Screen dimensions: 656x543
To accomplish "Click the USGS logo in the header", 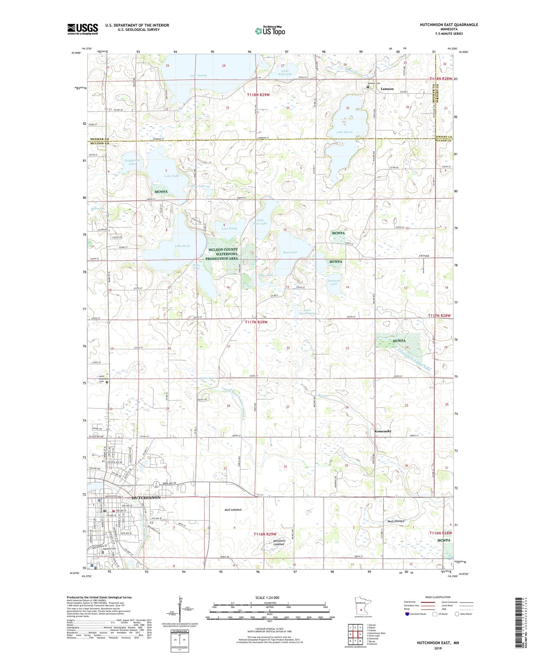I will (83, 29).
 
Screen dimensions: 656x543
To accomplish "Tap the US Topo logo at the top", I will (270, 31).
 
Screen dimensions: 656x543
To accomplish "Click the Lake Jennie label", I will (198, 75).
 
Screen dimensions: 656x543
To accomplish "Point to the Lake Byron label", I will (344, 132).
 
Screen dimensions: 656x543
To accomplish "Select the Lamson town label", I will (387, 89).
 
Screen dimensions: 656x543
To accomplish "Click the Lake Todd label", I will (172, 176).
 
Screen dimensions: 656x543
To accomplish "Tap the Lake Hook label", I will (182, 246).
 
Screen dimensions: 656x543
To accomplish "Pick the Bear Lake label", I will (290, 252).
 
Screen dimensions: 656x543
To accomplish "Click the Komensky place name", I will (383, 431).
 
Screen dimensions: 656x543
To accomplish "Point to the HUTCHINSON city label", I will (146, 498).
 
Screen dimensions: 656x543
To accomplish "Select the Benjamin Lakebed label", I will (279, 542).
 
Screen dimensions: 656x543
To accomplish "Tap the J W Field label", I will (424, 256).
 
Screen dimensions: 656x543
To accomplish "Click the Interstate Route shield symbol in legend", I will (407, 614).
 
